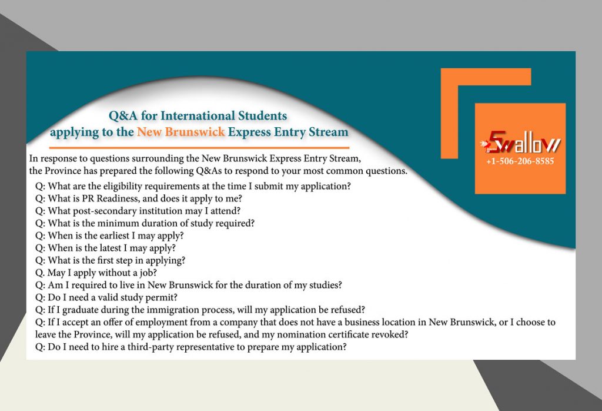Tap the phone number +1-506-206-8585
pyautogui.click(x=520, y=161)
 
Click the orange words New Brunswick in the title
pyautogui.click(x=181, y=132)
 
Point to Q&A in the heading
pyautogui.click(x=126, y=115)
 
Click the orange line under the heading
pyautogui.click(x=200, y=147)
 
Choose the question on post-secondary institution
pyautogui.click(x=138, y=211)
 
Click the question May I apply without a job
pyautogui.click(x=97, y=273)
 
